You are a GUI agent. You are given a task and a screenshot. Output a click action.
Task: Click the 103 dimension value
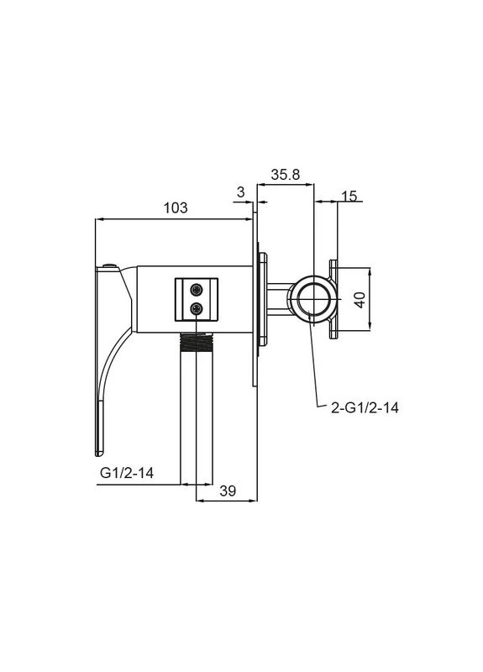[x=176, y=207]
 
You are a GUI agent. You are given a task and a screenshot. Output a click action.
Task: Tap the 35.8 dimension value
[x=286, y=175]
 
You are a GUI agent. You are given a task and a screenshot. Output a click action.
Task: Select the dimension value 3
[x=241, y=192]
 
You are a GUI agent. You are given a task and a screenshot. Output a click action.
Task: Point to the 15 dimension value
[x=349, y=196]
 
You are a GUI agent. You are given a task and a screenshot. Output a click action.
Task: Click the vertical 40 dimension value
[x=360, y=300]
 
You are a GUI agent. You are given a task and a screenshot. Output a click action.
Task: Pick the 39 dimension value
[x=228, y=491]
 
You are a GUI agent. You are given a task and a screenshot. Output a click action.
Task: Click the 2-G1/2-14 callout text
[x=365, y=407]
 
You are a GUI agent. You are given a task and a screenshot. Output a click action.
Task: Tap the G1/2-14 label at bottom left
[x=127, y=473]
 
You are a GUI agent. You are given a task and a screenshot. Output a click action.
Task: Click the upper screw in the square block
[x=197, y=290]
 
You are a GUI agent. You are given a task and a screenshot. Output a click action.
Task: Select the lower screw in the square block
[x=197, y=307]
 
